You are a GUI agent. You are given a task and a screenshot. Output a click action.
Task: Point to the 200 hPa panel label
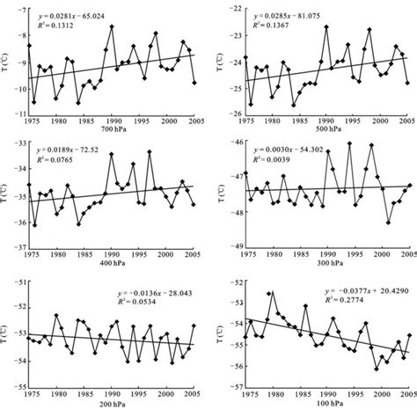[x=112, y=406]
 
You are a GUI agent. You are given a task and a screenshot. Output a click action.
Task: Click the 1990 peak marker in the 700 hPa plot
[x=113, y=26]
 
